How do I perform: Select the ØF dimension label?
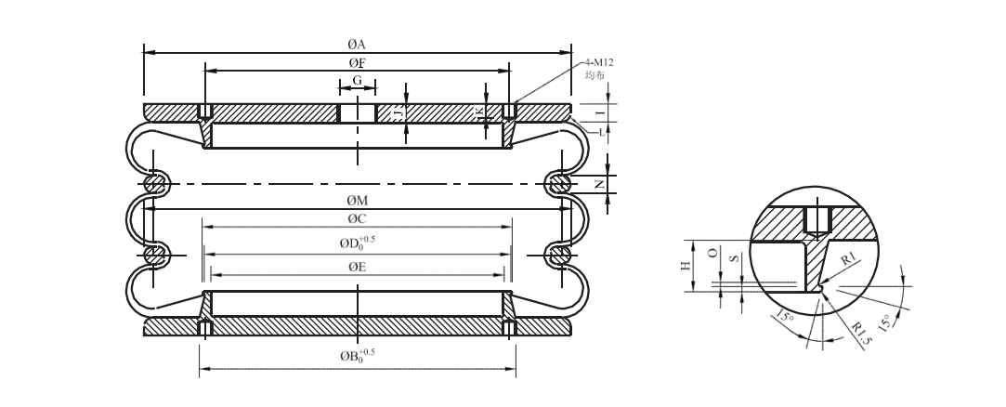point(356,62)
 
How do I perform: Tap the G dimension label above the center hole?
point(357,81)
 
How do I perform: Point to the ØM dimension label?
point(356,201)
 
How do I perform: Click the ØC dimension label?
point(356,219)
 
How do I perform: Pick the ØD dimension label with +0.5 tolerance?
point(358,243)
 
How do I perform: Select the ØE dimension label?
point(356,267)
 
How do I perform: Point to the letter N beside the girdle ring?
point(599,184)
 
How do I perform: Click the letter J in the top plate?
point(398,112)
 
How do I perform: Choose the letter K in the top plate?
point(480,112)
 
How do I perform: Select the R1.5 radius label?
point(862,330)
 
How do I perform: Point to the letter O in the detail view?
point(711,253)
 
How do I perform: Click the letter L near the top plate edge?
point(600,131)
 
